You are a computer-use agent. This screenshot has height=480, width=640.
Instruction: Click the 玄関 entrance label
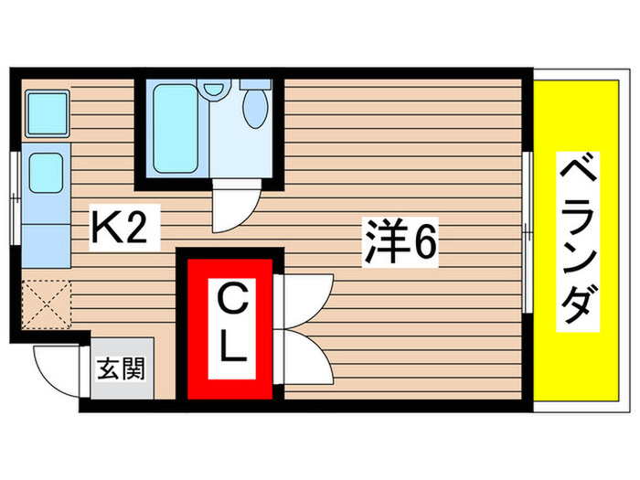coord(121,370)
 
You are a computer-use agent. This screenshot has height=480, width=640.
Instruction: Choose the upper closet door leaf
coord(307,294)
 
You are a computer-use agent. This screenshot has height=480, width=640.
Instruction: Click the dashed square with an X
coord(46,303)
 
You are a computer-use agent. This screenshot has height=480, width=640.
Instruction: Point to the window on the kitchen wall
coord(15,196)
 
